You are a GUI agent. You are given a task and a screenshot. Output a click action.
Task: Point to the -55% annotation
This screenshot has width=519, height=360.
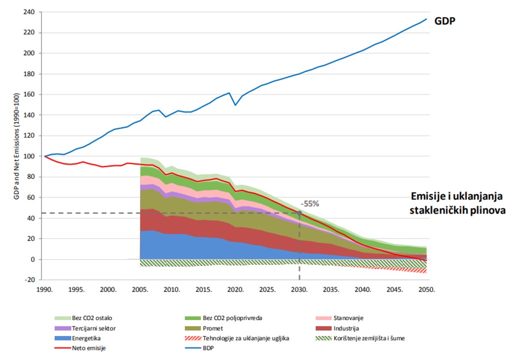point(310,204)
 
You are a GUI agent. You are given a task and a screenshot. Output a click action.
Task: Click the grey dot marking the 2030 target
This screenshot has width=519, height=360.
point(299,213)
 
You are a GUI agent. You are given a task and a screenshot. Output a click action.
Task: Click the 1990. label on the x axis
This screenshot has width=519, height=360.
point(44,289)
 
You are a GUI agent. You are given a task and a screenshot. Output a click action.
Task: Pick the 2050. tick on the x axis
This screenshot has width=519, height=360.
point(426,289)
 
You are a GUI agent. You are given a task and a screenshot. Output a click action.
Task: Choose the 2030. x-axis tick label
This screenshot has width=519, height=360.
point(299,289)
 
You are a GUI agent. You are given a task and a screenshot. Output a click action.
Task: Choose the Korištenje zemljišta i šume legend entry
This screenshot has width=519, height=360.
point(368,338)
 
